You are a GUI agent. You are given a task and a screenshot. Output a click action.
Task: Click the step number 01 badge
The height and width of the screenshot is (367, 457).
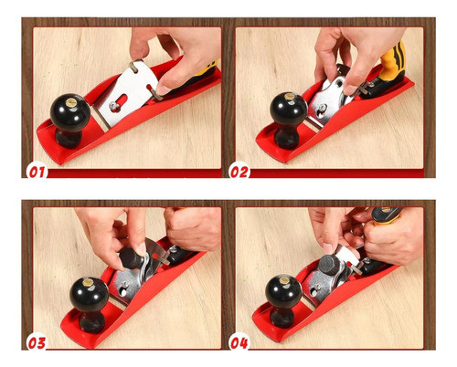(x=37, y=172)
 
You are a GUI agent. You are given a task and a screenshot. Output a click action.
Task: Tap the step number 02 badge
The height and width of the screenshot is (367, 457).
(x=239, y=172)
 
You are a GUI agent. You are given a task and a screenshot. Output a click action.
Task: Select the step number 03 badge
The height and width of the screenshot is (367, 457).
(x=37, y=342)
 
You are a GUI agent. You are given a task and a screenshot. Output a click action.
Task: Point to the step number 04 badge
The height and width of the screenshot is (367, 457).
(x=239, y=342)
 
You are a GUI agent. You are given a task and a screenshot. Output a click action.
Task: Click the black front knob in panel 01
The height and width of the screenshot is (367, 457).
(x=69, y=121)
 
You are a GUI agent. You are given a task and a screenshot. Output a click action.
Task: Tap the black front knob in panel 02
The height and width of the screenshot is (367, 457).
(x=288, y=121)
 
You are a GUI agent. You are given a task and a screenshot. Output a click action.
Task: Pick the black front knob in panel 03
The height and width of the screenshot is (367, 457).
(x=89, y=304)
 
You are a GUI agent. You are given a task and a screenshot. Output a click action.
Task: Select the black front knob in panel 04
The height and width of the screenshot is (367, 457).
(x=283, y=300)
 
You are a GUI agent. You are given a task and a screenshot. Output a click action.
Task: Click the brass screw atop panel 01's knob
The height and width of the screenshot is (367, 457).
(x=71, y=103)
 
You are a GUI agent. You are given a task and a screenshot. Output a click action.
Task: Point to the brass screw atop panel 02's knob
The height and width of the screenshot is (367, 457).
(x=289, y=97)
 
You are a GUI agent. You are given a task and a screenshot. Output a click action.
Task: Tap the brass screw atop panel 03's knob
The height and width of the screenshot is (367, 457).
(x=88, y=282)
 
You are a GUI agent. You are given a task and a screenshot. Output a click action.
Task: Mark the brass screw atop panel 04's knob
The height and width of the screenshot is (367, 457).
(x=284, y=279)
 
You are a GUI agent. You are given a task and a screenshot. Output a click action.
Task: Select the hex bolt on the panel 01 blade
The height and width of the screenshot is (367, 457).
(x=114, y=106)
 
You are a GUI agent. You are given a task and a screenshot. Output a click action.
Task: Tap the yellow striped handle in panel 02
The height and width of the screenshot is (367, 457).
(x=393, y=61)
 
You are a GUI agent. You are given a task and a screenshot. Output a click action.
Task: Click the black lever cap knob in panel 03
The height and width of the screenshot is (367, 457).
(x=132, y=258)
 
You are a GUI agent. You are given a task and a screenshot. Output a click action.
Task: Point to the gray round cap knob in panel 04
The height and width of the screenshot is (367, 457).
(x=330, y=265)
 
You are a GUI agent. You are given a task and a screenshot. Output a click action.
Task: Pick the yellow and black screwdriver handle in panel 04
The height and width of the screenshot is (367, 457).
(x=387, y=215)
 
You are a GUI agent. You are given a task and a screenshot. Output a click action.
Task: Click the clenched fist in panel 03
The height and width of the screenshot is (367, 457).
(x=193, y=227)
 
